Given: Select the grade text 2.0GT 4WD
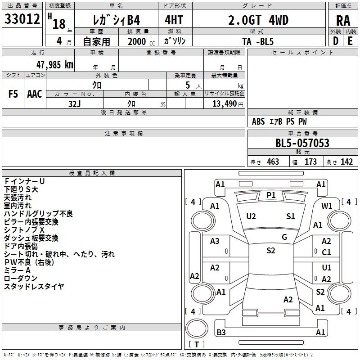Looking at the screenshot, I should click(x=259, y=20).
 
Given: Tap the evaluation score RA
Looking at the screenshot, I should click(x=343, y=21).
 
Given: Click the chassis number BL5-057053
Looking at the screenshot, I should click(x=302, y=144).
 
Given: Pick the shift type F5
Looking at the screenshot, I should click(x=13, y=94).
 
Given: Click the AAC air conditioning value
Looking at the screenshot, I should click(x=34, y=94).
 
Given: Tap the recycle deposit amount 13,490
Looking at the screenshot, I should click(x=224, y=103).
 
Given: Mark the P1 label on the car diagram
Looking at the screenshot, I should click(x=271, y=195).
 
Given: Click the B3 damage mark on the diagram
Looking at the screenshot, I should click(x=221, y=333).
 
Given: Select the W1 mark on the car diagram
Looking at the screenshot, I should click(x=327, y=206).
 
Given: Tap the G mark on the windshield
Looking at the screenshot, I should click(x=284, y=237).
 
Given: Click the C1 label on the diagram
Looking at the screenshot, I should click(x=327, y=252).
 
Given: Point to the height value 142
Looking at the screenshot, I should click(x=346, y=162).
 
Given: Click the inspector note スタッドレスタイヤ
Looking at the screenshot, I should click(x=34, y=286).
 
